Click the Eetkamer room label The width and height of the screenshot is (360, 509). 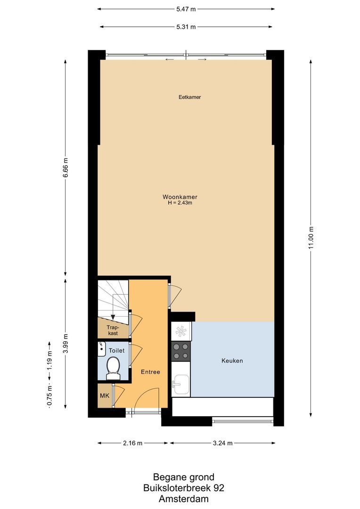(190, 97)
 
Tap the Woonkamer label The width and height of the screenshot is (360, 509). (180, 197)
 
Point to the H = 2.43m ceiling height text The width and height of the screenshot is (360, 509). (180, 203)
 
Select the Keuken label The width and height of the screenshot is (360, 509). (232, 361)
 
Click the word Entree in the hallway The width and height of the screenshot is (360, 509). (150, 372)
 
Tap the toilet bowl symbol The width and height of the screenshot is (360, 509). (113, 368)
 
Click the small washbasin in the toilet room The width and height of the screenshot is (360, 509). (101, 348)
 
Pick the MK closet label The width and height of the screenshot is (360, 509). (104, 396)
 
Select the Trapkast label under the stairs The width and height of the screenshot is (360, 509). (113, 329)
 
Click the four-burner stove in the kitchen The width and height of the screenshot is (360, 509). (181, 351)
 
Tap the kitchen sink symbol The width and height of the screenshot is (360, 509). (180, 384)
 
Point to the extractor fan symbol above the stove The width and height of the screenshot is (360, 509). (181, 331)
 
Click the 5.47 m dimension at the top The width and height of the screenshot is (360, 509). (186, 8)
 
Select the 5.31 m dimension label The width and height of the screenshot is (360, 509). (186, 27)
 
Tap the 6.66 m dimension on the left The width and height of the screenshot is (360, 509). (65, 168)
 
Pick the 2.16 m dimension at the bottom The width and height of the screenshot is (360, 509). (133, 443)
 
